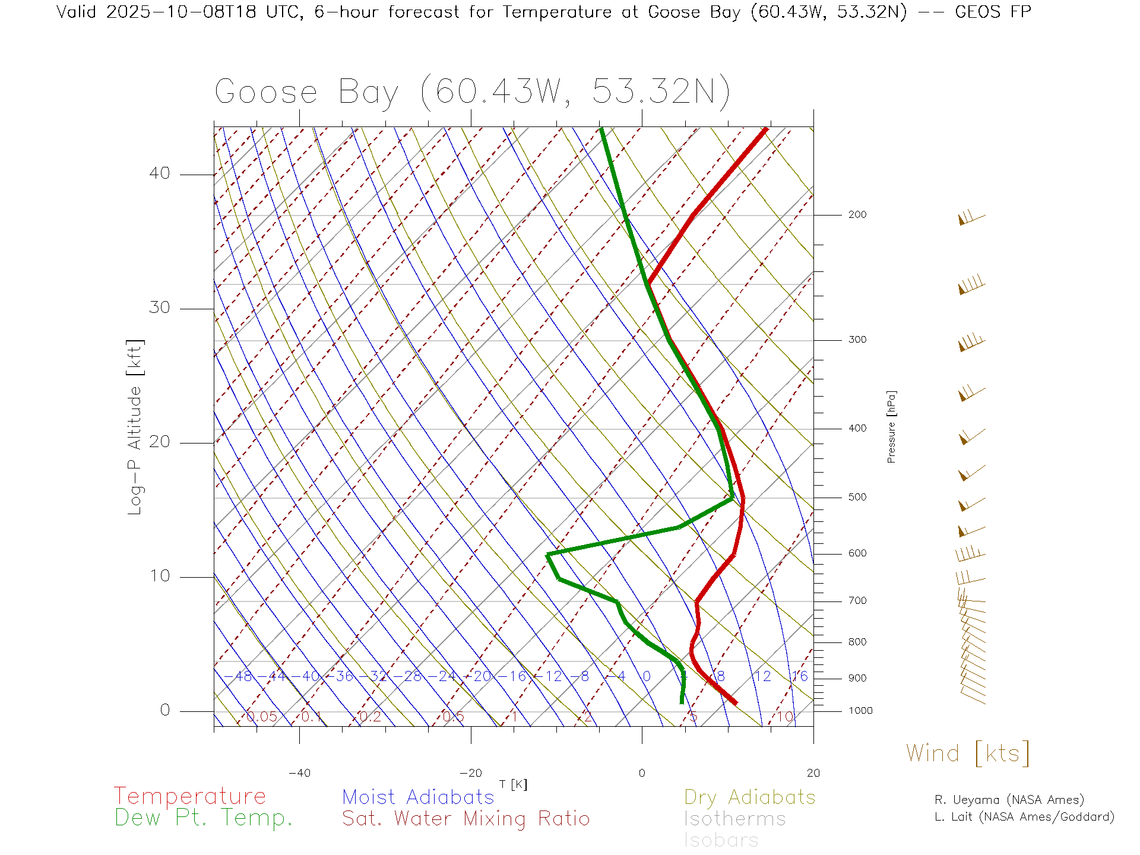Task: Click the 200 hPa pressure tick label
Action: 857,215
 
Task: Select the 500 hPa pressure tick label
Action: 857,498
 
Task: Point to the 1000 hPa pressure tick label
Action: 860,711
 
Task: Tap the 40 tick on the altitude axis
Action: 159,173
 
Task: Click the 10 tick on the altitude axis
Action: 159,576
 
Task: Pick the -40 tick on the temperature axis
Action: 299,773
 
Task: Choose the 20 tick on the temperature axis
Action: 813,773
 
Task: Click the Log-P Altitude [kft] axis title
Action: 135,427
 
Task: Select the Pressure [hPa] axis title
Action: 891,426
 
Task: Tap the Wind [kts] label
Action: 968,753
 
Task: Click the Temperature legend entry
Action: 190,796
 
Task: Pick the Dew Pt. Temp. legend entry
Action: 204,818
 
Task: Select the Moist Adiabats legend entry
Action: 418,797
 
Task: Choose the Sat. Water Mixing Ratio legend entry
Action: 465,819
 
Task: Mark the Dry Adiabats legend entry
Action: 750,797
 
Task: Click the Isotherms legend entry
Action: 734,819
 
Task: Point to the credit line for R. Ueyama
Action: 1009,800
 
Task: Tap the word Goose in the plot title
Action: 265,93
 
